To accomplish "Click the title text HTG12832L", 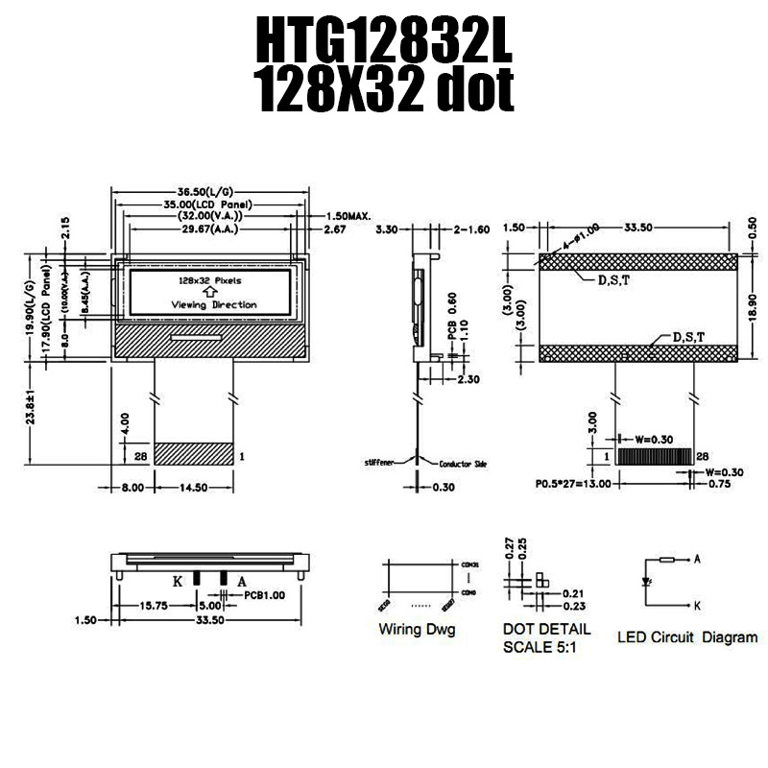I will tap(384, 43).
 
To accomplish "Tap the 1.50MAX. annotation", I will tap(348, 217).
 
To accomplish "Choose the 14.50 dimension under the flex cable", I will tap(194, 488).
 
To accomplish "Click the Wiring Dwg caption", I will tap(417, 631).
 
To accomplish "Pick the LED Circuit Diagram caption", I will tap(687, 636).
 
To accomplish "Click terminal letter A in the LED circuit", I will tap(695, 558).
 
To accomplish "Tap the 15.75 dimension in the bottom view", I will tap(155, 607).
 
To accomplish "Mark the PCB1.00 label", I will tap(265, 595).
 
